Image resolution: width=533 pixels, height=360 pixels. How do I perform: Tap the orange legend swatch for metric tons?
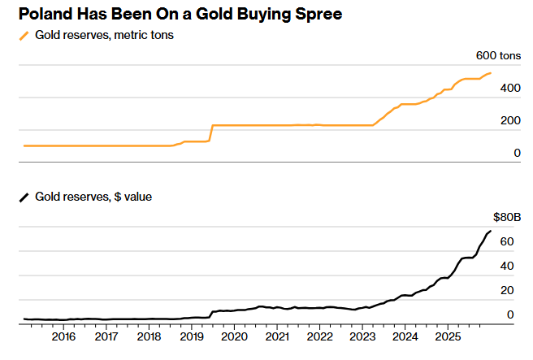click(24, 36)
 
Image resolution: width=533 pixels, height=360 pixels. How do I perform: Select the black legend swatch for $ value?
click(24, 197)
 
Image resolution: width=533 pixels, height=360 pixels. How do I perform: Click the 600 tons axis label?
click(496, 56)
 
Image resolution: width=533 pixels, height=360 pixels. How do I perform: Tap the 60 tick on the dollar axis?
click(507, 241)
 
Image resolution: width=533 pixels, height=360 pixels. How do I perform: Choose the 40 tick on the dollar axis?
click(507, 266)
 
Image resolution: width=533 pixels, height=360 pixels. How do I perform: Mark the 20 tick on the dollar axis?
click(507, 290)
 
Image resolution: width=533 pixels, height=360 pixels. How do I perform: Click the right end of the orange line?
click(490, 73)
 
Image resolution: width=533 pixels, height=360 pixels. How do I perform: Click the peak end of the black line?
click(490, 232)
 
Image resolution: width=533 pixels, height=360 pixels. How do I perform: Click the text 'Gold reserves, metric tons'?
click(105, 36)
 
